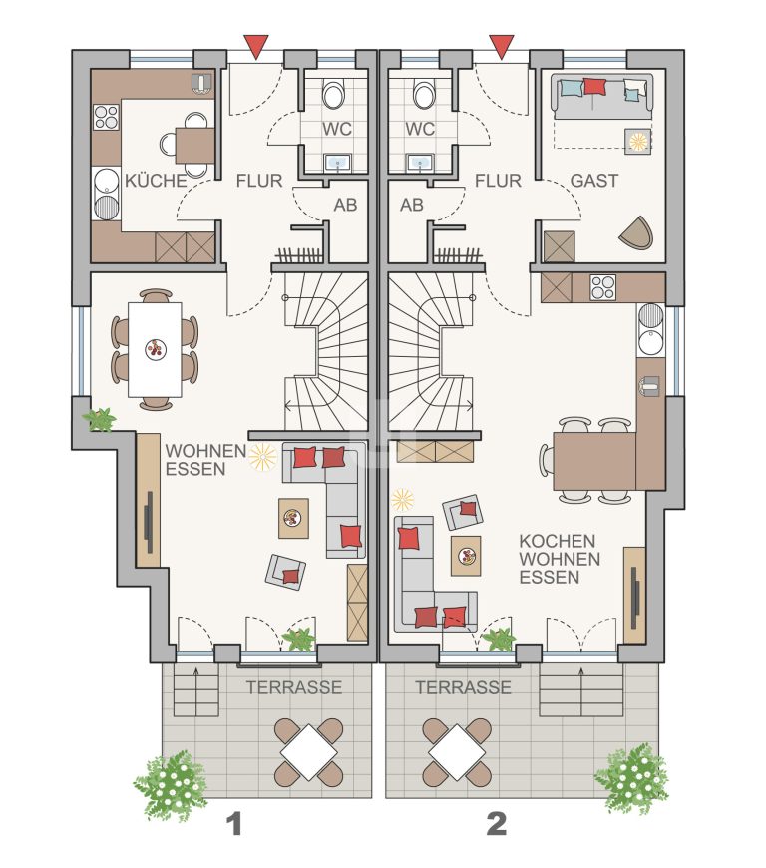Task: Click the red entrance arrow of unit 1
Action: [255, 45]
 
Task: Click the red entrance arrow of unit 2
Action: [502, 45]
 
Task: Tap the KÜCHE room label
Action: [156, 181]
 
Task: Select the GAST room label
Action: [593, 181]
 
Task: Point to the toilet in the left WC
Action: [334, 94]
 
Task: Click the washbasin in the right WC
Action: [420, 162]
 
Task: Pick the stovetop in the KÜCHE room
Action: [106, 117]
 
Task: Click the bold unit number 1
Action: [235, 824]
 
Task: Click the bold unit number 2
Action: [497, 824]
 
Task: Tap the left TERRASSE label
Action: [294, 687]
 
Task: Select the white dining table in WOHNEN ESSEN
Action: [155, 349]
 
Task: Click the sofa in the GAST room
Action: [602, 96]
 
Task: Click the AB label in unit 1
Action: [345, 205]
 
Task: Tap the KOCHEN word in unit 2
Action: [558, 541]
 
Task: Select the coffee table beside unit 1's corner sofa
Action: [293, 518]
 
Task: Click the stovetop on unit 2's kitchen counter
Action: [602, 287]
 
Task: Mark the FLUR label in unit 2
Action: [498, 181]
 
